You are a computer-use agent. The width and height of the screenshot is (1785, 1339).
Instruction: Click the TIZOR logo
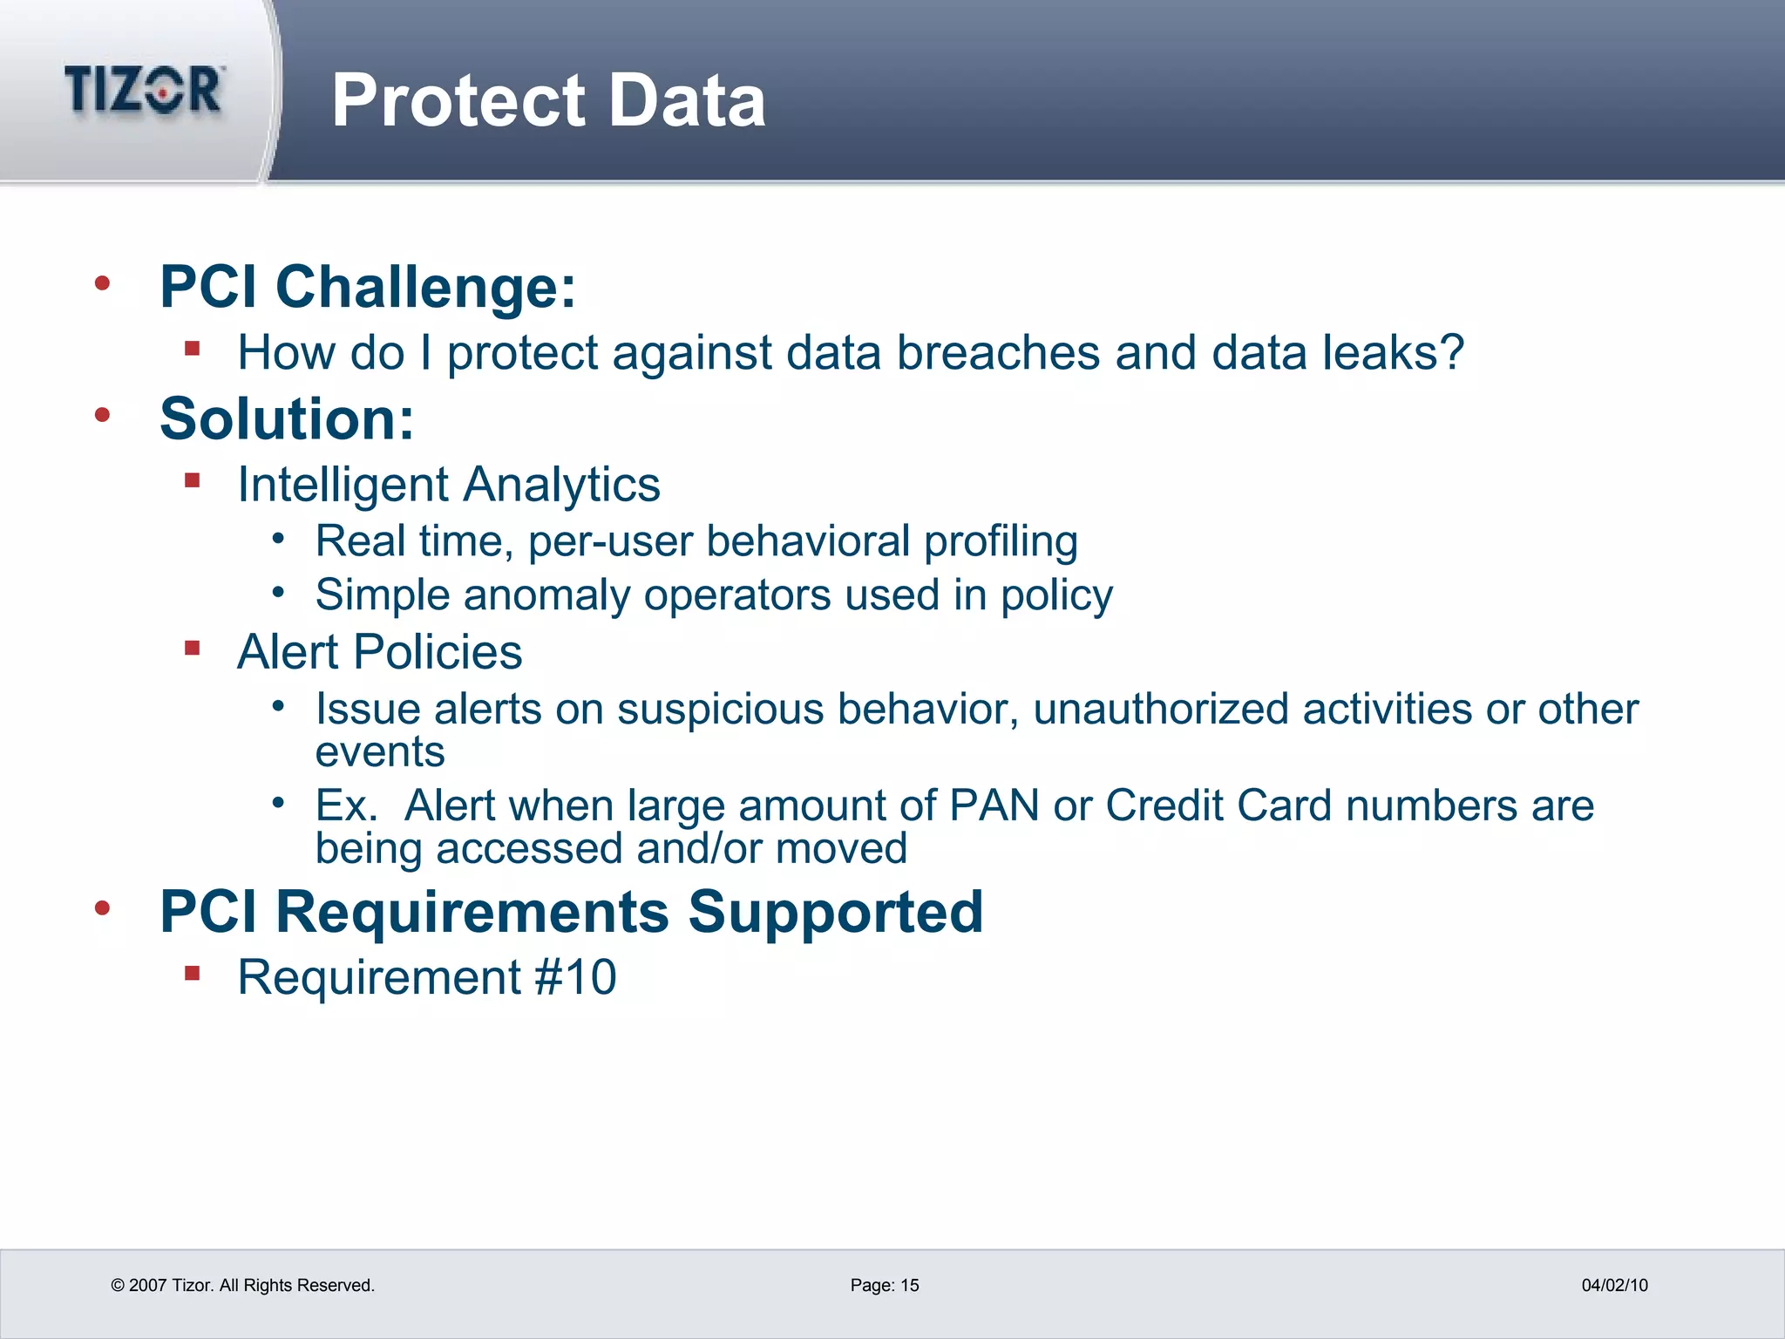pos(144,90)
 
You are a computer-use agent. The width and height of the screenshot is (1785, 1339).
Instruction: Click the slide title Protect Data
pos(548,101)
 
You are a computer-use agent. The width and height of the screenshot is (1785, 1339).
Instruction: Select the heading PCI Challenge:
pos(368,287)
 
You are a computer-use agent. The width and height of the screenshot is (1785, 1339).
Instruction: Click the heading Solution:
pos(287,419)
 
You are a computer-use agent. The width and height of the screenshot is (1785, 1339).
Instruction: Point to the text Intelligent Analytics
pos(448,485)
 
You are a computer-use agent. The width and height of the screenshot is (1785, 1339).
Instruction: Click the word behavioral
pos(808,541)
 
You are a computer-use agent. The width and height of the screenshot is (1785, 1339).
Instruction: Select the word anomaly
pos(546,595)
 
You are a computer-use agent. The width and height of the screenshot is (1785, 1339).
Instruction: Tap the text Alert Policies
pos(379,652)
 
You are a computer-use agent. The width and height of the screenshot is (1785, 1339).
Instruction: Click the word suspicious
pos(720,709)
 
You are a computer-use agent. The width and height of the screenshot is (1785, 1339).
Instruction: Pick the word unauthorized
pos(1160,709)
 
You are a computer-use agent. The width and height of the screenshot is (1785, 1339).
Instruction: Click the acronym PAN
pos(994,805)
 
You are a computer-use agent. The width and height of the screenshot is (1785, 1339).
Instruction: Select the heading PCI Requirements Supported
pos(571,912)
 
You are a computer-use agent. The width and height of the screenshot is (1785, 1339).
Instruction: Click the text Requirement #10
pos(426,977)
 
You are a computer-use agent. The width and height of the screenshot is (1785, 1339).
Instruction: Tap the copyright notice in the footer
pos(242,1285)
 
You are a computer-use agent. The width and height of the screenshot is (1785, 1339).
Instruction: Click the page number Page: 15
pos(885,1285)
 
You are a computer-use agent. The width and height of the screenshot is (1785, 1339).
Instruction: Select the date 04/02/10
pos(1614,1285)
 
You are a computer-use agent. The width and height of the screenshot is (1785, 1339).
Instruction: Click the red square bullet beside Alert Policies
pos(193,648)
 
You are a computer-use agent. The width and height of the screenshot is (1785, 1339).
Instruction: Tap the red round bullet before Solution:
pos(103,415)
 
